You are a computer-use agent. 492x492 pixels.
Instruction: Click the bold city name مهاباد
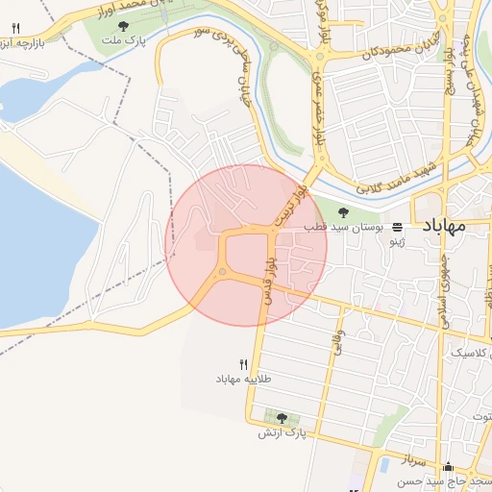click(x=443, y=227)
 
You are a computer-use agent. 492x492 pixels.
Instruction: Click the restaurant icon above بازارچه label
click(x=15, y=29)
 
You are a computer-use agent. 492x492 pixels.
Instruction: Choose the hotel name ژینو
click(x=397, y=243)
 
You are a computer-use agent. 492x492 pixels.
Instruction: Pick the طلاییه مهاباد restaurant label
click(x=243, y=379)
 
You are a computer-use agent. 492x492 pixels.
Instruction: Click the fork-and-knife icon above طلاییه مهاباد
click(x=243, y=364)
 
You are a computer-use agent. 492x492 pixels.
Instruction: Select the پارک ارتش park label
click(x=281, y=433)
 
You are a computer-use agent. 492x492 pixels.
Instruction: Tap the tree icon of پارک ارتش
click(x=281, y=418)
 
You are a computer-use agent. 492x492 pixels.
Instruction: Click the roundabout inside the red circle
click(x=222, y=274)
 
